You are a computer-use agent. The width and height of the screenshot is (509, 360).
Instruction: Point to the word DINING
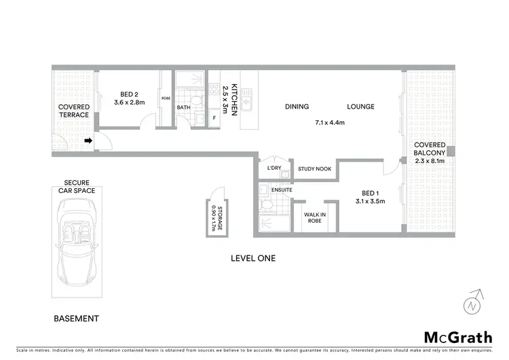tap(297, 107)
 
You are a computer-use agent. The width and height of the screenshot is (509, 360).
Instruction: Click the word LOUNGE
tap(360, 107)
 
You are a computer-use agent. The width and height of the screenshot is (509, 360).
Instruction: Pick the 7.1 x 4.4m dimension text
tap(330, 123)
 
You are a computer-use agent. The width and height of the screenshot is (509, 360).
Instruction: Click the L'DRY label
tap(274, 168)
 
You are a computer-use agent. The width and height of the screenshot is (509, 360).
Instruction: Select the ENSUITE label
tap(282, 190)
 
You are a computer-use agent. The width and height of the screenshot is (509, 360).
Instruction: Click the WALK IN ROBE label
tap(314, 218)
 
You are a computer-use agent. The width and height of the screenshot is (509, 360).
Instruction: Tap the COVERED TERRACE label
tap(73, 111)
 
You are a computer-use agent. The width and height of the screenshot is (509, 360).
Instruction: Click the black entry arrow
tap(88, 141)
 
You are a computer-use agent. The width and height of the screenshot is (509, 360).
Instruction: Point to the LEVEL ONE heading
tap(253, 258)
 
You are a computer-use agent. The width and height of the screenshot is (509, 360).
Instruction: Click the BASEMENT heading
tap(76, 319)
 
